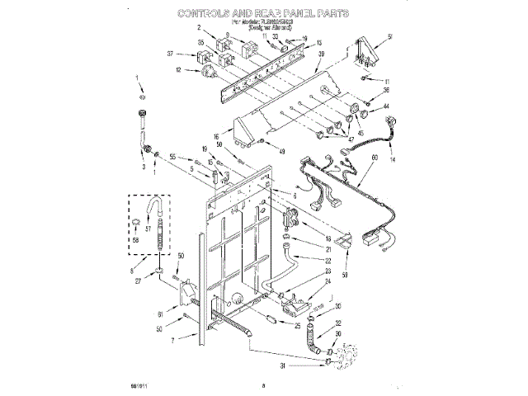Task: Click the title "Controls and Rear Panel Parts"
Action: click(263, 14)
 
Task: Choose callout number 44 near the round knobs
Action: click(385, 106)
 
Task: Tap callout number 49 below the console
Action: click(283, 152)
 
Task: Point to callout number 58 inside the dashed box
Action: click(148, 238)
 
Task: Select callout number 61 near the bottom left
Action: click(161, 313)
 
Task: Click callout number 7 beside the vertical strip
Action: click(172, 341)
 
